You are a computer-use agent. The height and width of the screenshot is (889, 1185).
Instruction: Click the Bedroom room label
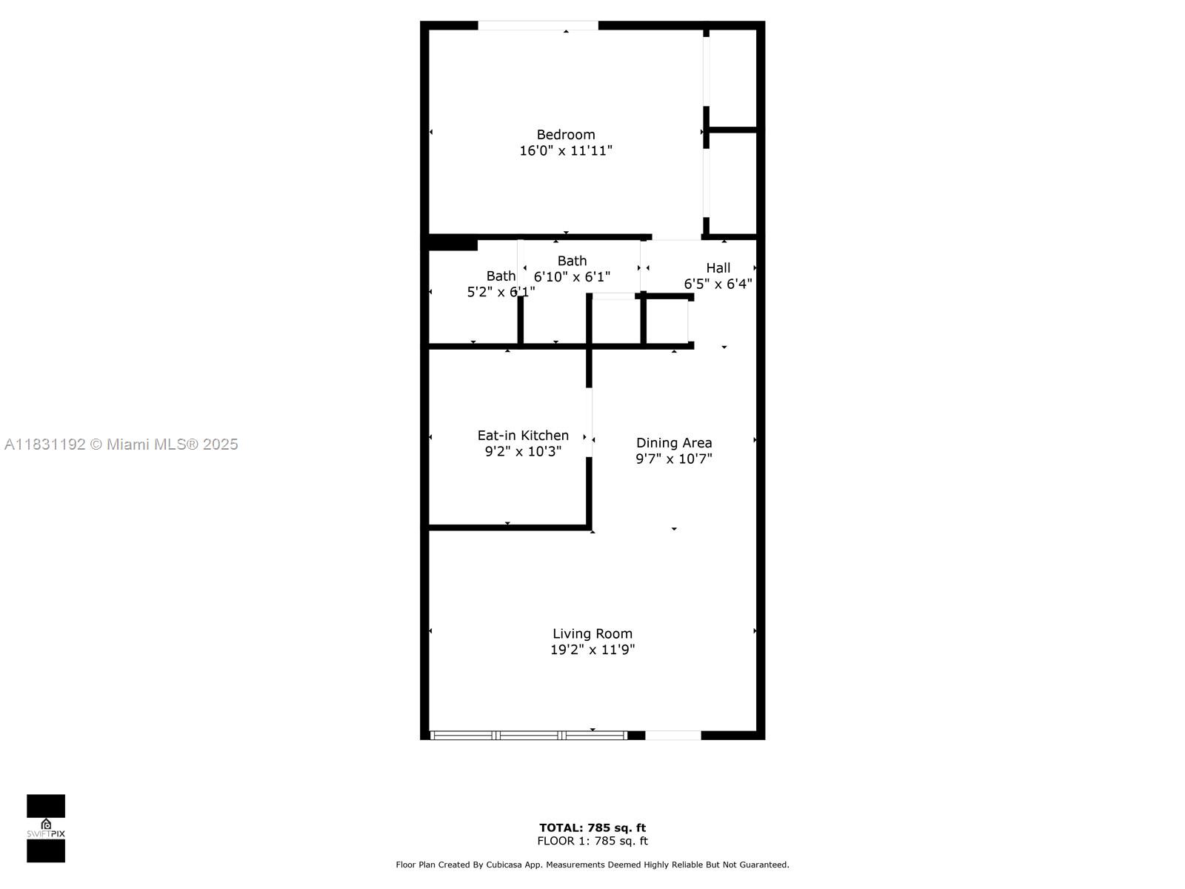click(566, 134)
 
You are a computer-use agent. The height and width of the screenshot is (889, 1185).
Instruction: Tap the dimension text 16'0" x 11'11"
click(566, 150)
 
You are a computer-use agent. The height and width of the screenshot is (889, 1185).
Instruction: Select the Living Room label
click(592, 633)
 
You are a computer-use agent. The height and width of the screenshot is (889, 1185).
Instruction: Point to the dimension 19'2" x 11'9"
click(592, 650)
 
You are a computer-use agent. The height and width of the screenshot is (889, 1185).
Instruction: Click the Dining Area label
click(674, 442)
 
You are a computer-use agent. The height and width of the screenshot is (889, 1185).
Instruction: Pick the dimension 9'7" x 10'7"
click(674, 459)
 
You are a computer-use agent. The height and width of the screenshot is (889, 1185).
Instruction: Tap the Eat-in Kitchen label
click(523, 435)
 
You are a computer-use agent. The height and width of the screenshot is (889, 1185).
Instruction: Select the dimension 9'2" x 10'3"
click(523, 451)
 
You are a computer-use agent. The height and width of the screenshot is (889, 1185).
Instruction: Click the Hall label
click(718, 267)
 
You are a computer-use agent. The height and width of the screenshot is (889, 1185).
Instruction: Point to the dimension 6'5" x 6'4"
click(718, 284)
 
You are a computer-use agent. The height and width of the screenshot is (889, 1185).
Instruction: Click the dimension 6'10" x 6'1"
click(572, 276)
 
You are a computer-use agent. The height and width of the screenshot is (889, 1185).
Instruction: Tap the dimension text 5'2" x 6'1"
click(501, 292)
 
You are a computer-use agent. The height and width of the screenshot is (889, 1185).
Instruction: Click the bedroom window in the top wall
click(538, 26)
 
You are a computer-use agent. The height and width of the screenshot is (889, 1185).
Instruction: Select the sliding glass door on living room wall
click(529, 735)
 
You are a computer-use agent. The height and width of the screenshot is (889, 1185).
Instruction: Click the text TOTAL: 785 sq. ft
click(592, 828)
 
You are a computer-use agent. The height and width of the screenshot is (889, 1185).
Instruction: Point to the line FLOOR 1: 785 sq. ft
click(592, 841)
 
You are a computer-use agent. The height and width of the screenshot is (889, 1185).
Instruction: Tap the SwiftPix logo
click(46, 828)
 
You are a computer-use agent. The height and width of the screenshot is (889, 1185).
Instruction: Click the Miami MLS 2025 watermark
click(121, 444)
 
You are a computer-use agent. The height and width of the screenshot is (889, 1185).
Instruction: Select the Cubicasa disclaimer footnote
click(592, 865)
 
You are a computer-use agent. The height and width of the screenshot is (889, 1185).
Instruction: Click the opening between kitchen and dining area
click(590, 422)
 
